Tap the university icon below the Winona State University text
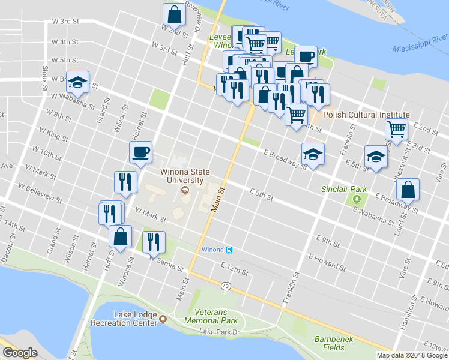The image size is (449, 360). point(184,190)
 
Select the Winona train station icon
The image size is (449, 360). point(228,250)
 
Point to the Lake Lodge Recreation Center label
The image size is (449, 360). point(123,319)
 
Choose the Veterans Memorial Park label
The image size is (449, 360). point(225,316)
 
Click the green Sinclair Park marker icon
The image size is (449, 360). point(358,198)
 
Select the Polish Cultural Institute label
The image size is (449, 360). point(366,115)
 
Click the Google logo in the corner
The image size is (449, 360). point(20,353)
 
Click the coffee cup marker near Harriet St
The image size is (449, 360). point(141,152)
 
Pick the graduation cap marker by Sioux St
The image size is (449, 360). point(77,82)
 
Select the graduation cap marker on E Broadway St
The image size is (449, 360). point(312,154)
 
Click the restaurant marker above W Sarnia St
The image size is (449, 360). point(154,242)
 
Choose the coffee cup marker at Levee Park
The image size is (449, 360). point(306,57)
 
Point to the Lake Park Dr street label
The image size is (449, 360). point(220,332)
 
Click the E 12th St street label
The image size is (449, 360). point(234,268)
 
